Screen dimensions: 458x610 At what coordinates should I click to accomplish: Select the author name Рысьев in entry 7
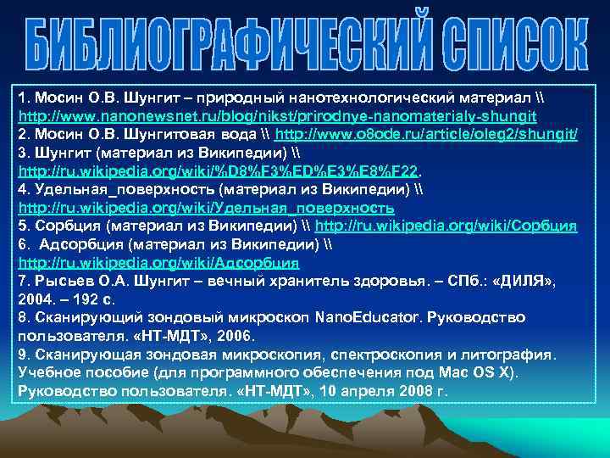[x=59, y=282]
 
